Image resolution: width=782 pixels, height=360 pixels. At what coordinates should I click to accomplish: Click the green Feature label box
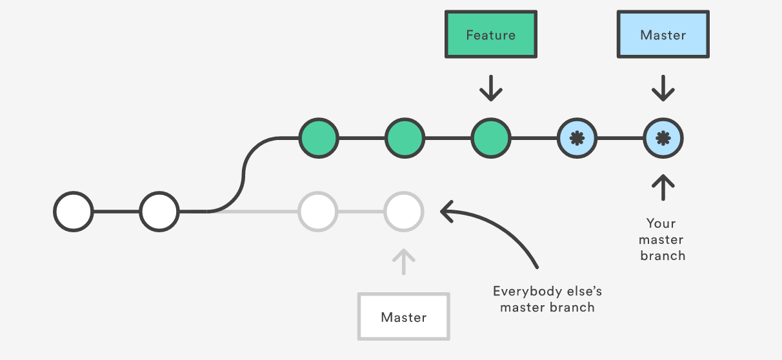490,34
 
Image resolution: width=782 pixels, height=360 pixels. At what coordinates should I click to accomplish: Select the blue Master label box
663,34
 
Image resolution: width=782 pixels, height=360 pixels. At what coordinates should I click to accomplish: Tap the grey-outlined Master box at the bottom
403,317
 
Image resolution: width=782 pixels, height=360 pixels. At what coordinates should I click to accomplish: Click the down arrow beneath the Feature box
490,88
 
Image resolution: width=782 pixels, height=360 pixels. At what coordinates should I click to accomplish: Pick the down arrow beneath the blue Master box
663,88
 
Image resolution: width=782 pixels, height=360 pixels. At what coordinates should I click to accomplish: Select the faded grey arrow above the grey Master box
403,262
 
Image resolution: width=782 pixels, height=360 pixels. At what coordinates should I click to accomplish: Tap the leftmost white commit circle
74,211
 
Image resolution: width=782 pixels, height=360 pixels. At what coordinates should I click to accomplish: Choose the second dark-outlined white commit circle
159,211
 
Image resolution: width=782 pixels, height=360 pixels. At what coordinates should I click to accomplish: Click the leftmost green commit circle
318,138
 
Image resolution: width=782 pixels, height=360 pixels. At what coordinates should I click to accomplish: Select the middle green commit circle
405,138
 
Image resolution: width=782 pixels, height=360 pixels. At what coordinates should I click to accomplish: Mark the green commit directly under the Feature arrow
490,138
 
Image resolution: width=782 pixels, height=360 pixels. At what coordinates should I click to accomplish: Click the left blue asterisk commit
577,138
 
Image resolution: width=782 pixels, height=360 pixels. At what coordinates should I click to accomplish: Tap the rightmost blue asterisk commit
663,138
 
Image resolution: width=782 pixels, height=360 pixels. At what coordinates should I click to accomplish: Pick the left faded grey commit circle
317,211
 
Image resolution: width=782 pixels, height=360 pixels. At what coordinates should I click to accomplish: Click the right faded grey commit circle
403,211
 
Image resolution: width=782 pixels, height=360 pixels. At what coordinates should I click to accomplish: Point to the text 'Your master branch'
662,239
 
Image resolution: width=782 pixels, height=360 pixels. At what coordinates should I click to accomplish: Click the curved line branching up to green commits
243,174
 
